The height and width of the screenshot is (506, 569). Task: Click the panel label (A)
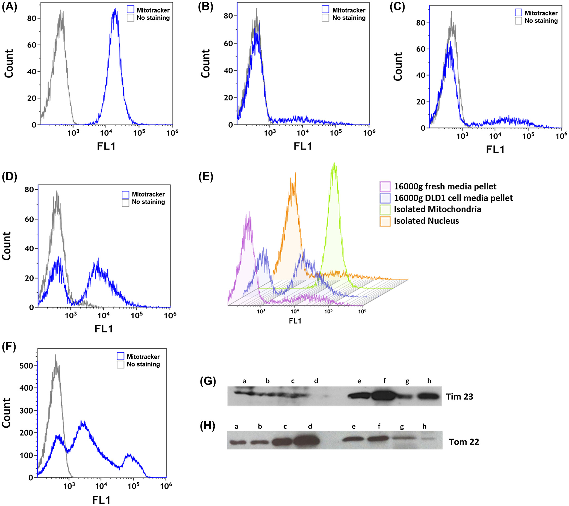click(x=10, y=7)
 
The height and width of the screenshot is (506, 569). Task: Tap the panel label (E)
click(x=206, y=177)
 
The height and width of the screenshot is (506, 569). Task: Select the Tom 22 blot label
click(x=464, y=442)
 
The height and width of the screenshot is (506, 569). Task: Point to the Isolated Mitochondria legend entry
click(x=437, y=209)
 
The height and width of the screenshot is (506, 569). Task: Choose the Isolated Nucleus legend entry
click(x=426, y=221)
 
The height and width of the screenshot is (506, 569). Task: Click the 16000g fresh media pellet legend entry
click(x=445, y=186)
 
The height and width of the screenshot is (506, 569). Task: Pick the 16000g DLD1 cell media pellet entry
click(x=453, y=198)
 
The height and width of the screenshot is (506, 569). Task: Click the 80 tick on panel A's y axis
click(x=32, y=18)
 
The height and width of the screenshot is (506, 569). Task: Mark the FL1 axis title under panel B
click(x=303, y=146)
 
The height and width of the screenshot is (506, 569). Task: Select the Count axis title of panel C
click(x=398, y=67)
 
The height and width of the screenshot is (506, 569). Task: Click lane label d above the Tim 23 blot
click(x=316, y=381)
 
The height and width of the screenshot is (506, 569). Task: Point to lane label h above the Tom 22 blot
click(x=424, y=426)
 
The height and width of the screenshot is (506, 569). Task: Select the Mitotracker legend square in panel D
click(x=126, y=194)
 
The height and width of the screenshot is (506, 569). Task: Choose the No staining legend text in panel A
click(x=153, y=18)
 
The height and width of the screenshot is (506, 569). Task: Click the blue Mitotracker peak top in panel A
click(x=115, y=10)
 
